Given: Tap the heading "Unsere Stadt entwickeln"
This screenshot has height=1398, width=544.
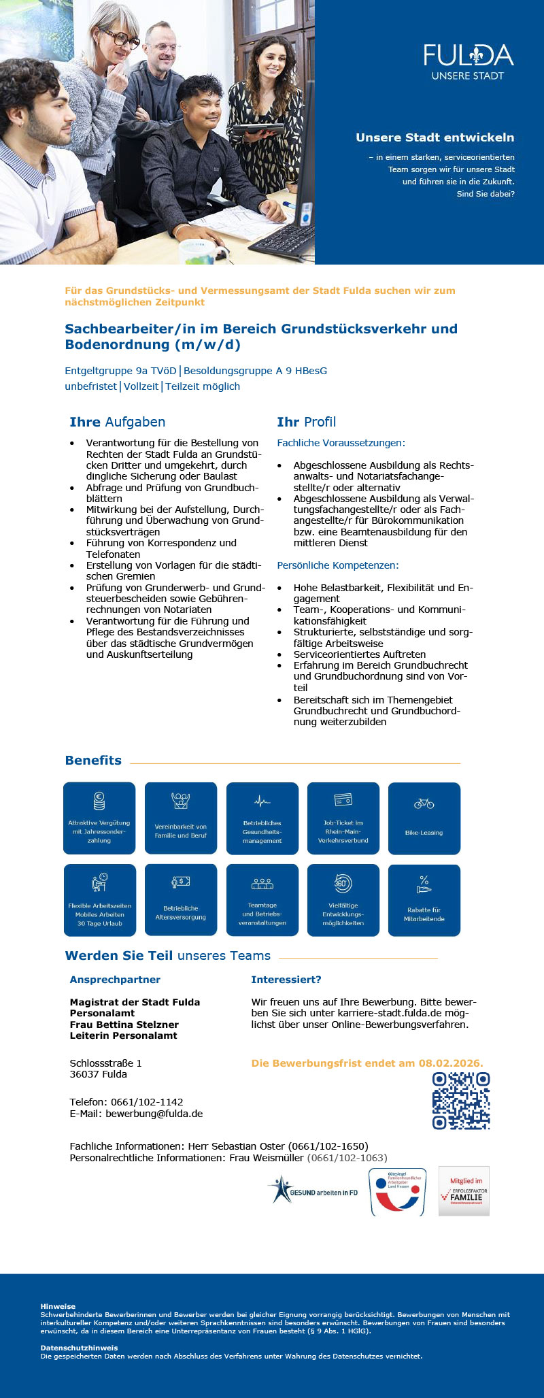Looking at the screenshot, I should (435, 137).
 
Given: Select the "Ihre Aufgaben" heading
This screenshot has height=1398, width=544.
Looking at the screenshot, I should (117, 422).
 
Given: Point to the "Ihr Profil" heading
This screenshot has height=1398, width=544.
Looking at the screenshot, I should (306, 422).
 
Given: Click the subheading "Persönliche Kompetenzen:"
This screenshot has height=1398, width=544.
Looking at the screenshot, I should (337, 565).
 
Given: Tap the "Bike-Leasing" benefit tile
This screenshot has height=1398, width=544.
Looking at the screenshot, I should (424, 818).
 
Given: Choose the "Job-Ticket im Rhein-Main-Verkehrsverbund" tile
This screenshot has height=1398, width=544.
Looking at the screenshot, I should (343, 818).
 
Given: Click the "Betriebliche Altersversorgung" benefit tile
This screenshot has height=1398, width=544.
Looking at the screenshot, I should (180, 899).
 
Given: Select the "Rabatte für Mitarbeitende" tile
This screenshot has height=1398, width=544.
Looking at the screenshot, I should (424, 899).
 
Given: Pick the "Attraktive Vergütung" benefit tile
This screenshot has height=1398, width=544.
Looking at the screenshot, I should (99, 818).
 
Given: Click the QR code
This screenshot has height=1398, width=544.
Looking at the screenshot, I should (461, 1101).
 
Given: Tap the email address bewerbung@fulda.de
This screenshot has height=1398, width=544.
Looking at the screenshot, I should (154, 1114).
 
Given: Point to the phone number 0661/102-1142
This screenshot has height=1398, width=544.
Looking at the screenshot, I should (147, 1102).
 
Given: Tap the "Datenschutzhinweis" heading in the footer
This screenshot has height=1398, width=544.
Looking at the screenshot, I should (79, 1348).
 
